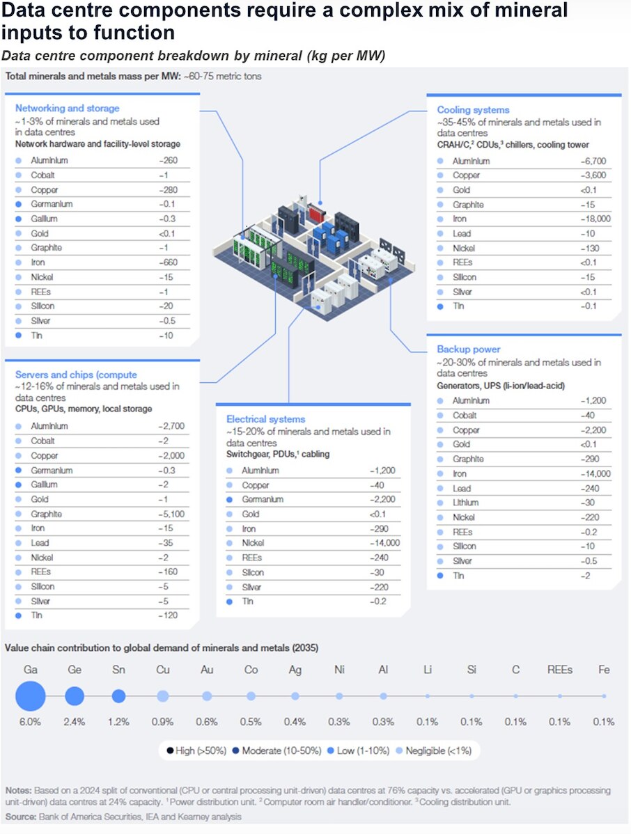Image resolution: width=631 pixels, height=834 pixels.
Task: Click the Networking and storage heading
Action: (67, 109)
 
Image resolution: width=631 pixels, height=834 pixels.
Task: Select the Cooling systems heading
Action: (473, 110)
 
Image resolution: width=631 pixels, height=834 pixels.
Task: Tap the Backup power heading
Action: (468, 349)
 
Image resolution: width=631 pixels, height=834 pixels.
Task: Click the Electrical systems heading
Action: (265, 419)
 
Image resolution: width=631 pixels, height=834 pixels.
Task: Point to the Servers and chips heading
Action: (76, 375)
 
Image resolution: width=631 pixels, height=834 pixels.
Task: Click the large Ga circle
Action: (30, 695)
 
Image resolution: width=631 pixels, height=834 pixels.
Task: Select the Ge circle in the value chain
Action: (75, 695)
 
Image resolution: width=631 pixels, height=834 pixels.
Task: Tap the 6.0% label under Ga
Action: (30, 722)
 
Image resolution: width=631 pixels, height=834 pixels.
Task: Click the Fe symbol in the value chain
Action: (604, 670)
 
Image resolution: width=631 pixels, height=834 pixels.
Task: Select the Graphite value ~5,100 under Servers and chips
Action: (171, 514)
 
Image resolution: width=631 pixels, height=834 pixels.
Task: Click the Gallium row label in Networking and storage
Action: (44, 219)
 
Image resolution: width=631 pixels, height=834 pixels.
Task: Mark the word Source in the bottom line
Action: (21, 815)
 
